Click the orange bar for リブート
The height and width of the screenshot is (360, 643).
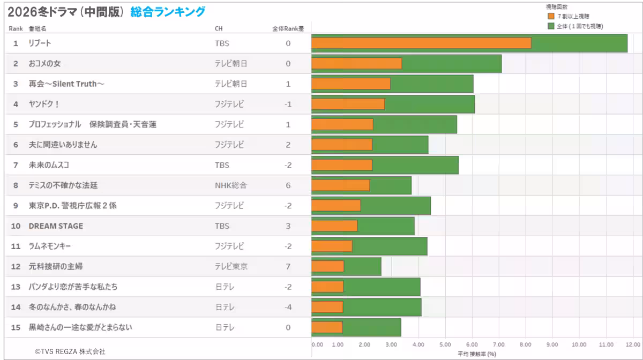pyautogui.click(x=421, y=43)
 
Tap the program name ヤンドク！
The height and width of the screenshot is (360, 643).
pyautogui.click(x=44, y=104)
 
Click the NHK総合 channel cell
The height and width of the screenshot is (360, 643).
pyautogui.click(x=230, y=185)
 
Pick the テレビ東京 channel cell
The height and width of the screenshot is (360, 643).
pyautogui.click(x=231, y=266)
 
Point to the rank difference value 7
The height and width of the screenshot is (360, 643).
pyautogui.click(x=288, y=266)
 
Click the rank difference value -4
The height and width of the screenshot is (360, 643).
pyautogui.click(x=288, y=307)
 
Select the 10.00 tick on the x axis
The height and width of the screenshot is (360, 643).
pyautogui.click(x=579, y=344)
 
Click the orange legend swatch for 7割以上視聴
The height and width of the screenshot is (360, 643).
pyautogui.click(x=551, y=17)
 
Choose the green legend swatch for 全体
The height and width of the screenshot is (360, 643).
pyautogui.click(x=551, y=26)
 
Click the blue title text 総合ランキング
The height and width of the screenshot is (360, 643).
pyautogui.click(x=167, y=11)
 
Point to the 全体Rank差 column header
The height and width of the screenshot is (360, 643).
pyautogui.click(x=288, y=28)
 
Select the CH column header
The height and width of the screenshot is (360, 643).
pyautogui.click(x=219, y=28)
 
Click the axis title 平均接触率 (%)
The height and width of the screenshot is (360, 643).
pyautogui.click(x=476, y=354)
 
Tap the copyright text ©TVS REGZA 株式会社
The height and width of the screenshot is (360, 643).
pyautogui.click(x=70, y=351)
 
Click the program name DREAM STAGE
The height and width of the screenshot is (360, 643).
pyautogui.click(x=56, y=226)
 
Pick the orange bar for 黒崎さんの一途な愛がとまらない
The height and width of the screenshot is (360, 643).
pyautogui.click(x=327, y=327)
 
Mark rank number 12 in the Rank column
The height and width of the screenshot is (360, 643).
pyautogui.click(x=16, y=266)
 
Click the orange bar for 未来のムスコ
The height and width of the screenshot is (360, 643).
pyautogui.click(x=342, y=165)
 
